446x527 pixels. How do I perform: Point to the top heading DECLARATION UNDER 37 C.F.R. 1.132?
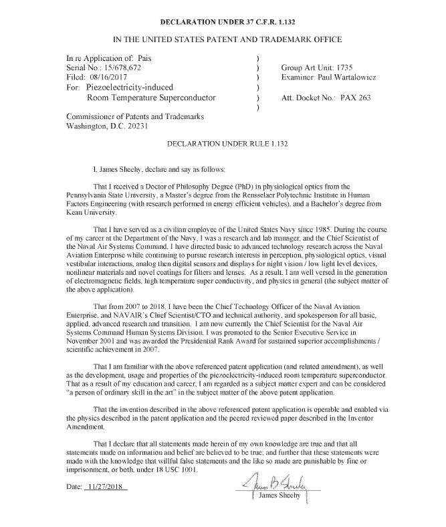(x=223, y=21)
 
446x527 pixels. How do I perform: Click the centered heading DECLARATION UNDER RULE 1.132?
(x=223, y=144)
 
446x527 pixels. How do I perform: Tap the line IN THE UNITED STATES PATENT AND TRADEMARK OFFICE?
(x=223, y=39)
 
